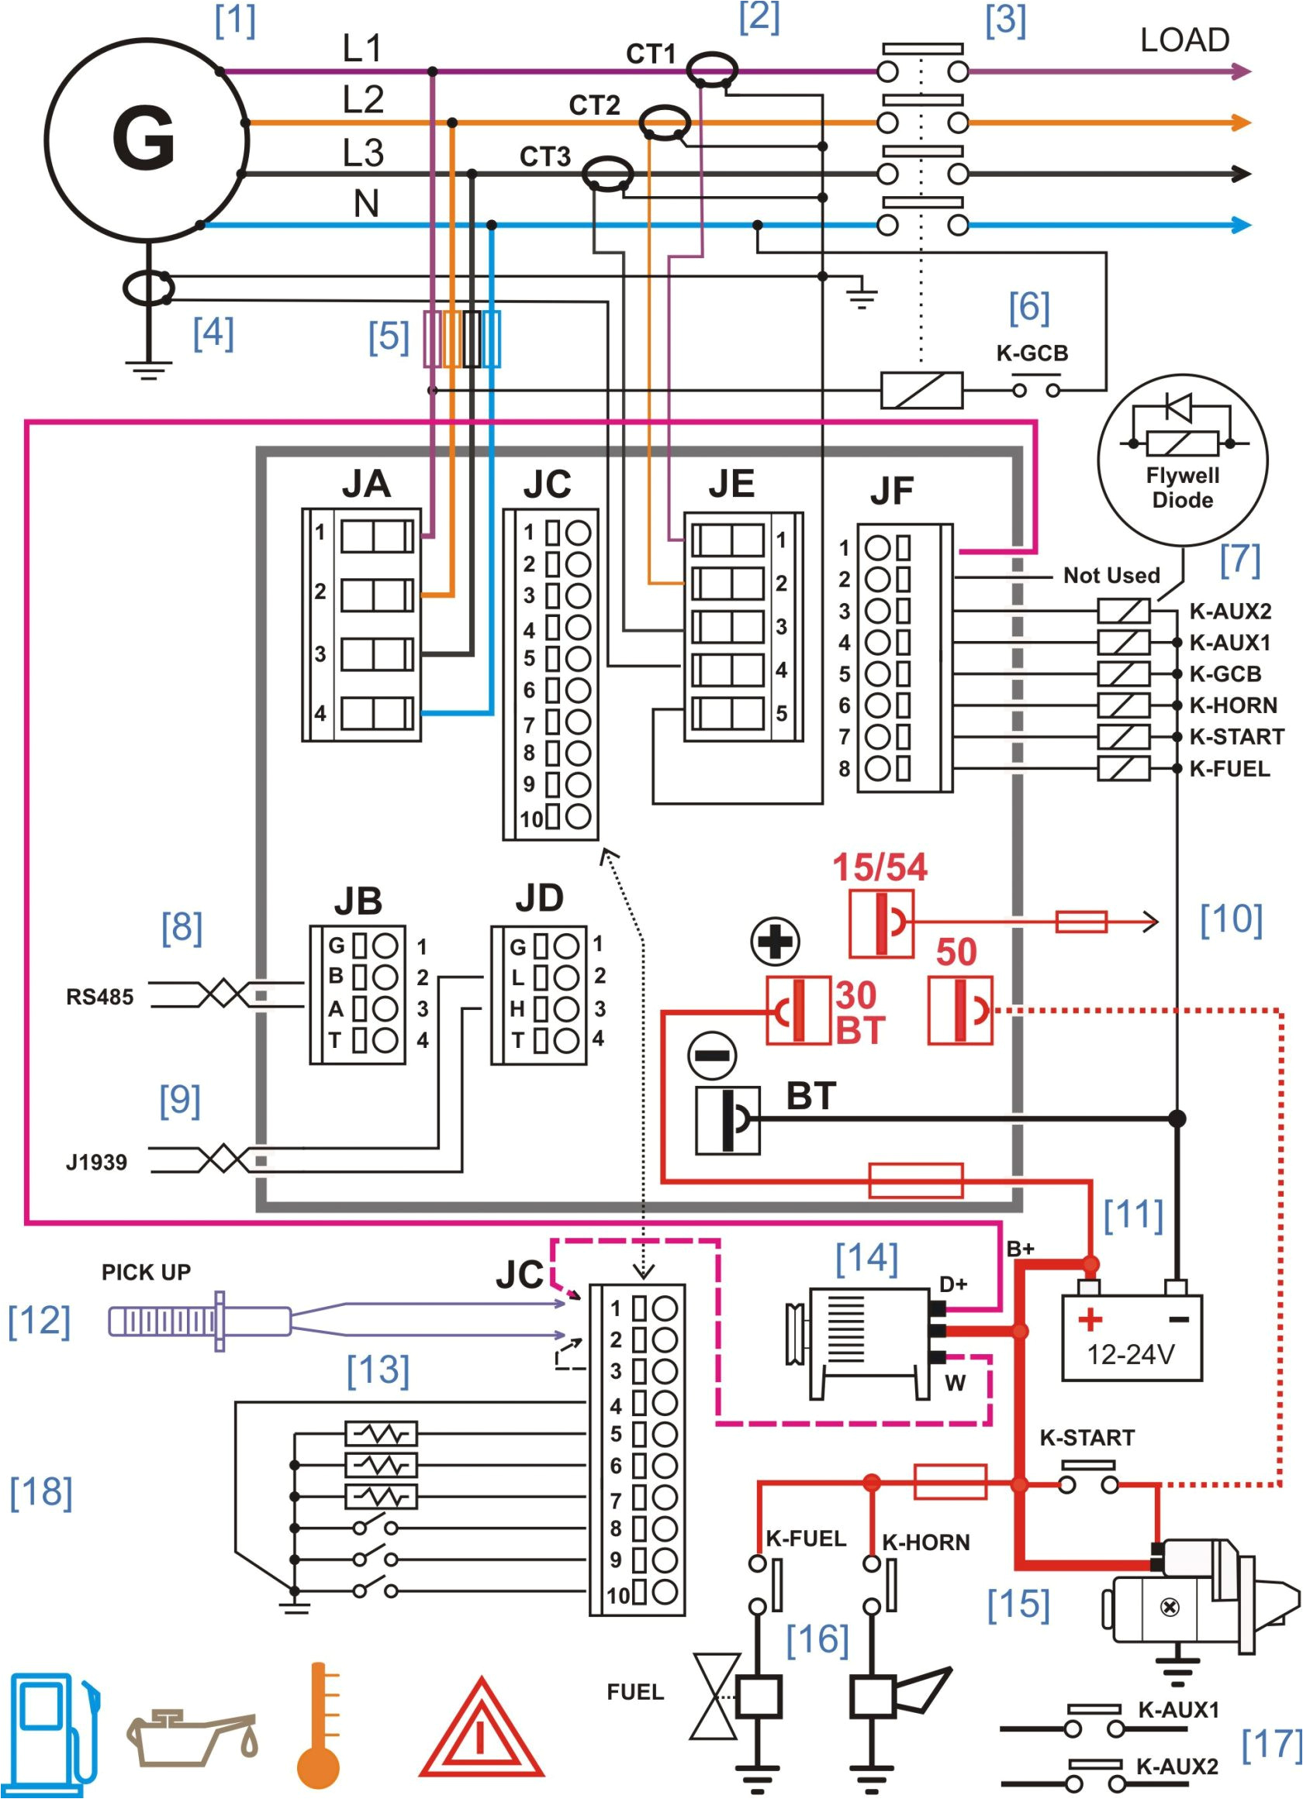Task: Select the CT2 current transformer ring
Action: (664, 123)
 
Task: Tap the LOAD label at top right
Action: (1184, 40)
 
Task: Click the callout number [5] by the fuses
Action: (388, 336)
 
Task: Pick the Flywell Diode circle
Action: (1181, 460)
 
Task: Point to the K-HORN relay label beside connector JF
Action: (1232, 705)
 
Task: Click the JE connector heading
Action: (731, 484)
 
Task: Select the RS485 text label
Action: (99, 997)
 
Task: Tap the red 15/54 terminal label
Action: (880, 867)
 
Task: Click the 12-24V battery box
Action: (1132, 1339)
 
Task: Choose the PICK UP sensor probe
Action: (199, 1322)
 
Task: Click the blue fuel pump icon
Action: (53, 1733)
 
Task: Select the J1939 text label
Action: (96, 1163)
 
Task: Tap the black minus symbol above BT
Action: (712, 1056)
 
